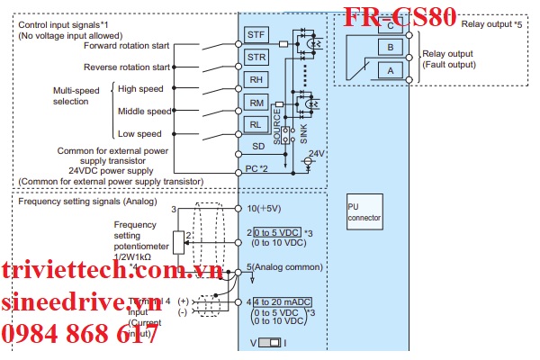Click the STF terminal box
coord(256,34)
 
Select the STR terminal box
coord(256,57)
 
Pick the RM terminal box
coord(256,103)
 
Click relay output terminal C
coord(391,27)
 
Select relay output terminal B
coord(391,47)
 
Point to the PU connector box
coord(363,211)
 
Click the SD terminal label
coord(256,145)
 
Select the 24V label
coord(316,154)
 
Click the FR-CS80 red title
coord(400,15)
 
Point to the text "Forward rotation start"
coord(126,45)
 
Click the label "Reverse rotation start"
coord(126,67)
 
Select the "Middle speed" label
coord(144,112)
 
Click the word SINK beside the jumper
coord(302,134)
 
